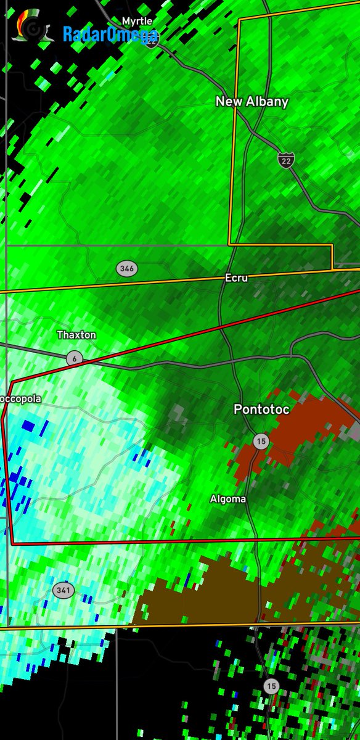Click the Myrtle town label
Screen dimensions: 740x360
coord(137,21)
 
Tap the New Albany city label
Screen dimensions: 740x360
coord(252,102)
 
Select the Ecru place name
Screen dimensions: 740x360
coord(236,278)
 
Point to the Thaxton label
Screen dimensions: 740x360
coord(76,335)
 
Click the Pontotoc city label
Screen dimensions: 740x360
coord(261,409)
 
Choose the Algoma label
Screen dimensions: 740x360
coord(228,499)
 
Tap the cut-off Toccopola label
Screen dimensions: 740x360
coord(20,399)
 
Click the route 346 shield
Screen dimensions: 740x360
coord(127,268)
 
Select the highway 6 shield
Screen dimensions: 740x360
coord(74,358)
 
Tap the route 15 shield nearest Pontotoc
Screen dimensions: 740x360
coord(261,440)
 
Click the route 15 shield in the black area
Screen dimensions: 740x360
coord(271,686)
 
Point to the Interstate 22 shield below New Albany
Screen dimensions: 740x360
coord(285,160)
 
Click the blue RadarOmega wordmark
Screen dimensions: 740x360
coord(110,35)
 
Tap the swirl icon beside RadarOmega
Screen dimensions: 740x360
coord(29,27)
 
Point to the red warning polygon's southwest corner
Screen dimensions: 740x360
coord(12,544)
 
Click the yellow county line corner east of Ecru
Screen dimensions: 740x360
coord(332,268)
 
